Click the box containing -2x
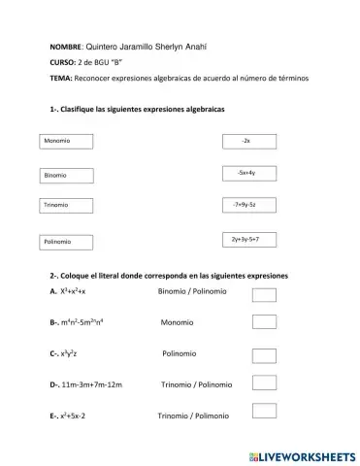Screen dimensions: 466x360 [x=249, y=142]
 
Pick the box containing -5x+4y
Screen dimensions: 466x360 [x=247, y=173]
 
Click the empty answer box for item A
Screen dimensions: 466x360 [x=265, y=293]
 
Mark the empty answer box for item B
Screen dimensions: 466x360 [x=265, y=323]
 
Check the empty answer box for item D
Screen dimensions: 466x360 [x=265, y=385]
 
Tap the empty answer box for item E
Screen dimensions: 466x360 [x=265, y=416]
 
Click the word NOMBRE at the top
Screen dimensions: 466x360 [x=66, y=47]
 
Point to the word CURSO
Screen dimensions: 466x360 [x=61, y=62]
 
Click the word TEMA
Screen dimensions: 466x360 [x=59, y=78]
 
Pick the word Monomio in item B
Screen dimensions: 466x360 [x=178, y=322]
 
